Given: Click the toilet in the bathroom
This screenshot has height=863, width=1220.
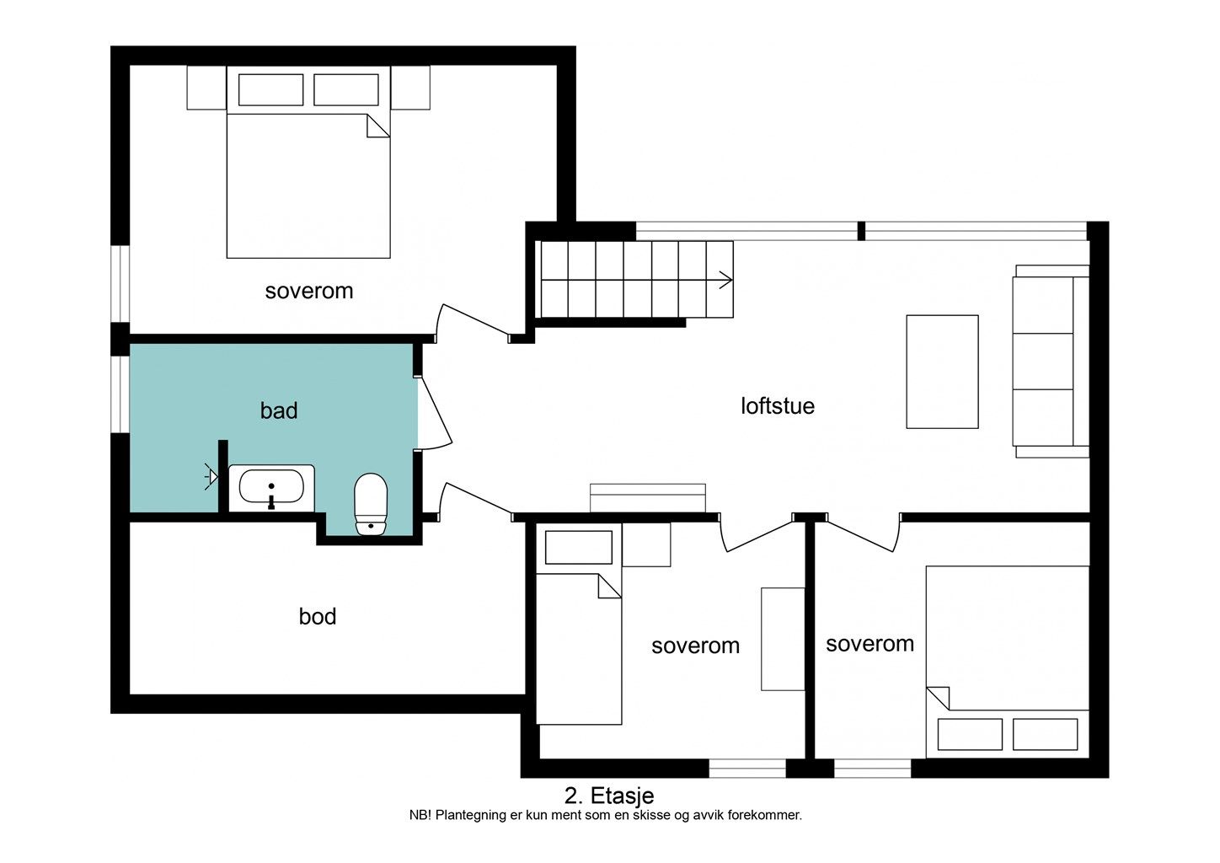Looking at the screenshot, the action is (x=371, y=504).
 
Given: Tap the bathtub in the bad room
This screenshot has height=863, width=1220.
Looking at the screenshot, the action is (x=271, y=488).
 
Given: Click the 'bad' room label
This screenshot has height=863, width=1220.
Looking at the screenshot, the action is (x=279, y=410).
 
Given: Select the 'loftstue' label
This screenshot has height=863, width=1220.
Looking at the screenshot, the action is (x=777, y=406).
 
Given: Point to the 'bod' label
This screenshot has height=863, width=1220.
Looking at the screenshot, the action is (x=318, y=617).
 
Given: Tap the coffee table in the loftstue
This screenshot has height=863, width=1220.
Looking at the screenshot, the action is (x=942, y=372).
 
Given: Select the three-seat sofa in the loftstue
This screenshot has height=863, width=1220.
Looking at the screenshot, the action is (x=1051, y=362).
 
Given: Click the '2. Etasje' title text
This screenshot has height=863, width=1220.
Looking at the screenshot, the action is (x=609, y=796).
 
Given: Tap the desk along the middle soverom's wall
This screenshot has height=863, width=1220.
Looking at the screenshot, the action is (x=783, y=639).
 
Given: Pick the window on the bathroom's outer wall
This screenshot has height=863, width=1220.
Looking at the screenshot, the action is (x=120, y=394).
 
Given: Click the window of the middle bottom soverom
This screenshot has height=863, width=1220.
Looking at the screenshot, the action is (x=747, y=769).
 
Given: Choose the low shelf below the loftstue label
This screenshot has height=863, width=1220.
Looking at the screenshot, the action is (x=648, y=498).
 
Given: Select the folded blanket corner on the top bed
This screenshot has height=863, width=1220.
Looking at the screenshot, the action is (x=378, y=126).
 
